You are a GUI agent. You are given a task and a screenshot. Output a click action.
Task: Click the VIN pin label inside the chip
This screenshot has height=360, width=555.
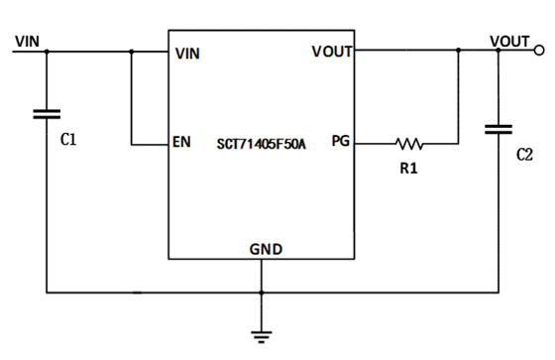click(x=186, y=54)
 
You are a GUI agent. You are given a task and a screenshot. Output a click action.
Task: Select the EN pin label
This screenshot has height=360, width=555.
click(x=181, y=143)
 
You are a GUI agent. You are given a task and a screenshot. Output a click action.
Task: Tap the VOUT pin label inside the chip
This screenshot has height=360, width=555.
click(x=332, y=52)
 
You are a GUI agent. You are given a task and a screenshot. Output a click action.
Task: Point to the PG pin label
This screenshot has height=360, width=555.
click(x=340, y=142)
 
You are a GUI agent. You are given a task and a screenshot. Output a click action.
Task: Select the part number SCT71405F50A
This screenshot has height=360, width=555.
click(x=262, y=144)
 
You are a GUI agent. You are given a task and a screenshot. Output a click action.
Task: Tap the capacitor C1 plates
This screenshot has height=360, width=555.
click(x=46, y=113)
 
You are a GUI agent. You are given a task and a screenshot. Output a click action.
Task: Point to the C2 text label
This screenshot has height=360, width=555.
click(x=524, y=156)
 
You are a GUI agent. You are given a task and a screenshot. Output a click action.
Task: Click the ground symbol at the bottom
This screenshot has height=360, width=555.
click(x=262, y=335)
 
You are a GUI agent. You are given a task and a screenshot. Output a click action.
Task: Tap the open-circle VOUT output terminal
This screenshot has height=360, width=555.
click(x=538, y=49)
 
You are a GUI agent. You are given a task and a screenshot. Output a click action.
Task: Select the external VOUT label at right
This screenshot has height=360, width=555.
click(x=509, y=41)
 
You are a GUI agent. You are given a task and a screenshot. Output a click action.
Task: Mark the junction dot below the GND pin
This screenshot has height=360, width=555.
click(x=262, y=293)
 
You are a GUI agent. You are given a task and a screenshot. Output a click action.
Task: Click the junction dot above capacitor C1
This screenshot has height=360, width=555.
click(x=46, y=50)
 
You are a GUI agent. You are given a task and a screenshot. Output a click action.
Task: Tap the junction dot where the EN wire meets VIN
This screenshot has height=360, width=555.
click(x=131, y=50)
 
